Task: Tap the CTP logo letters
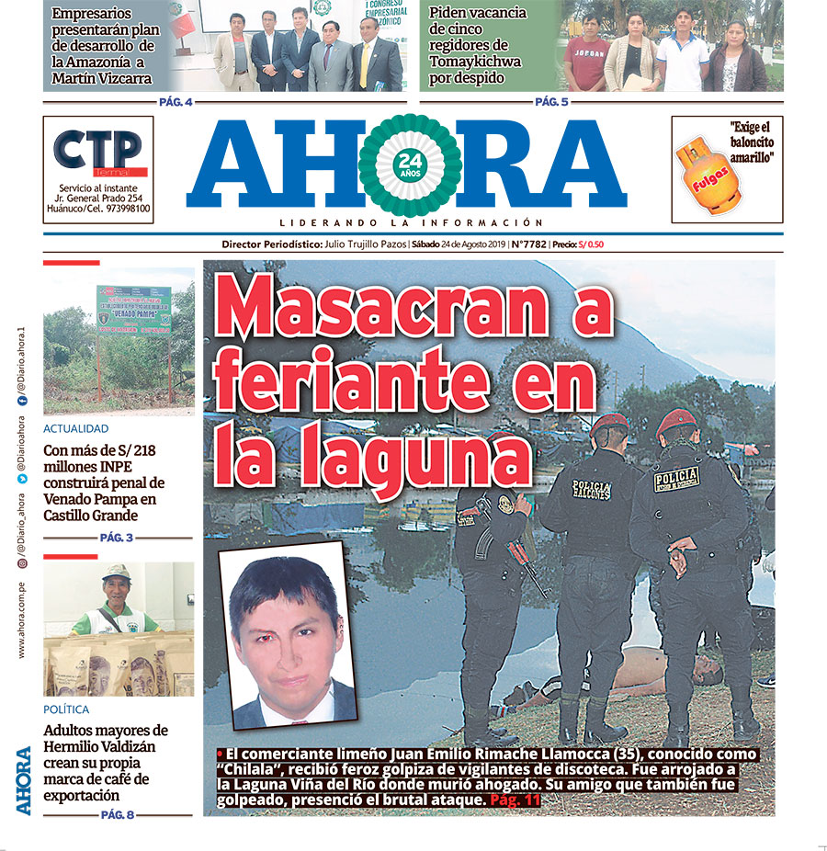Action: [x=97, y=150]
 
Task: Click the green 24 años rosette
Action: [x=409, y=165]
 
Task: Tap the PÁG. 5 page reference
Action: [x=551, y=101]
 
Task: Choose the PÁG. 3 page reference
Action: [x=117, y=538]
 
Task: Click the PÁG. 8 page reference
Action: [x=117, y=814]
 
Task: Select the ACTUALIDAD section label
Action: [x=76, y=429]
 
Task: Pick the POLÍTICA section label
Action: [x=66, y=709]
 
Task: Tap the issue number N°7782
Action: [x=528, y=244]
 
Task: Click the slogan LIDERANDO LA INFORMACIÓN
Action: [x=411, y=222]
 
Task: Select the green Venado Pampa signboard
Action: [x=134, y=309]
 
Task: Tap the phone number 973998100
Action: [x=127, y=209]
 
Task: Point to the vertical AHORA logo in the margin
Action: [x=23, y=779]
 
